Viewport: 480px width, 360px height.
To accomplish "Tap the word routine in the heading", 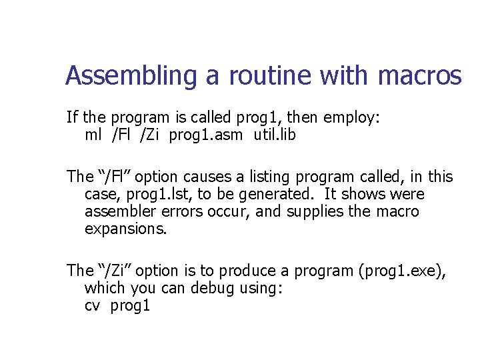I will [269, 77].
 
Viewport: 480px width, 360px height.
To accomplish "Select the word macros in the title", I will [419, 77].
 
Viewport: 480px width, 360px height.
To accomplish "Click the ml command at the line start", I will [93, 136].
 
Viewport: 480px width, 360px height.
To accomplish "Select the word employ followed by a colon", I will [351, 119].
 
